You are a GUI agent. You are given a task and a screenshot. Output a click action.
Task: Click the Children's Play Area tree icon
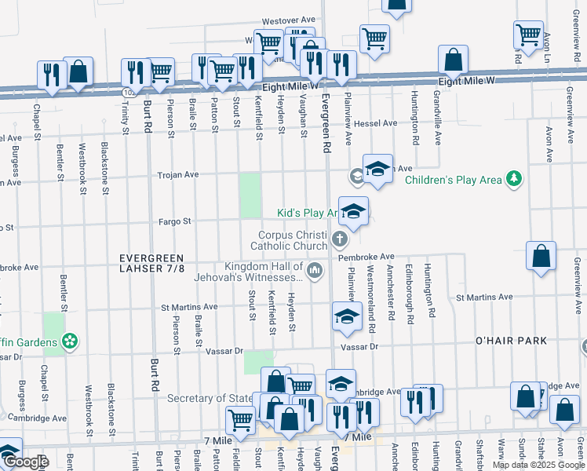(514, 180)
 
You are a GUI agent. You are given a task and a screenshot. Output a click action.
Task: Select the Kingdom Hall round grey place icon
(315, 272)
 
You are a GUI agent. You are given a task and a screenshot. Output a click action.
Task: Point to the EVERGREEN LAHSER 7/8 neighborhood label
(152, 264)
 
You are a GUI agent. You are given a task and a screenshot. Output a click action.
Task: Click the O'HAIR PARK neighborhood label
(510, 341)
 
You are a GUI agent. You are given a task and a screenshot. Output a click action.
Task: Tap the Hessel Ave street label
(375, 123)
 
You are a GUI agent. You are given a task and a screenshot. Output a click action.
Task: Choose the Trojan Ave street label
(179, 175)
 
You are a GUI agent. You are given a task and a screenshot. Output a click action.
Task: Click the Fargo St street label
(176, 221)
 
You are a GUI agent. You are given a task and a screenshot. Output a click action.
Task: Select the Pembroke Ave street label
(366, 257)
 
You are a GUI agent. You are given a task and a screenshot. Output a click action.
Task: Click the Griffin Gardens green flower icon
(70, 341)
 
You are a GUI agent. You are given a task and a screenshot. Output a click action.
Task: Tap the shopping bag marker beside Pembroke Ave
(541, 257)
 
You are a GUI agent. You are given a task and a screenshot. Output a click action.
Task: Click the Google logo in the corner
(26, 462)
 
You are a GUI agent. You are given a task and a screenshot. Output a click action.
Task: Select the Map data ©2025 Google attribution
(538, 465)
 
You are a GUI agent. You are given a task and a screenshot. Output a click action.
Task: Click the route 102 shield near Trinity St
(127, 93)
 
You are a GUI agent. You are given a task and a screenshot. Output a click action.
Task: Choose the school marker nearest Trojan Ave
(377, 170)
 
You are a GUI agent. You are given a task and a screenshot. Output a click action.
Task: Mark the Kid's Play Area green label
(308, 213)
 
